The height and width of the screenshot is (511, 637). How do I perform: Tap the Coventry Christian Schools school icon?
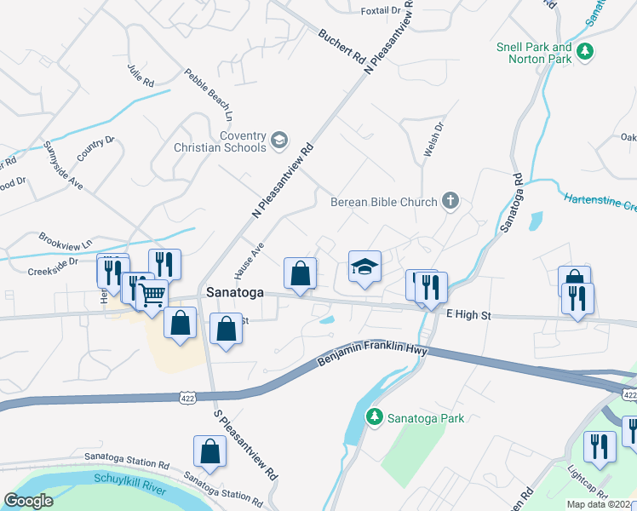pyautogui.click(x=279, y=139)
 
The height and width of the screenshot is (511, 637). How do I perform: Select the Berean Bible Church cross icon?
pyautogui.click(x=450, y=202)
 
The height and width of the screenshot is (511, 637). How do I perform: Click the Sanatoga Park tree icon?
pyautogui.click(x=373, y=417)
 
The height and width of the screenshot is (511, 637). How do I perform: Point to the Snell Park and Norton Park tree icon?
pyautogui.click(x=584, y=53)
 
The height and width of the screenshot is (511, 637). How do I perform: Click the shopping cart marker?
pyautogui.click(x=152, y=296)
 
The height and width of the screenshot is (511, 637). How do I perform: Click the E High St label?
pyautogui.click(x=469, y=314)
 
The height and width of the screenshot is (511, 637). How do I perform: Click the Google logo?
pyautogui.click(x=29, y=500)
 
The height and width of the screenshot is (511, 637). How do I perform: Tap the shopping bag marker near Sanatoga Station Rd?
pyautogui.click(x=209, y=451)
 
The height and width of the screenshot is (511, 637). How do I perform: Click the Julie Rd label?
pyautogui.click(x=141, y=76)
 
